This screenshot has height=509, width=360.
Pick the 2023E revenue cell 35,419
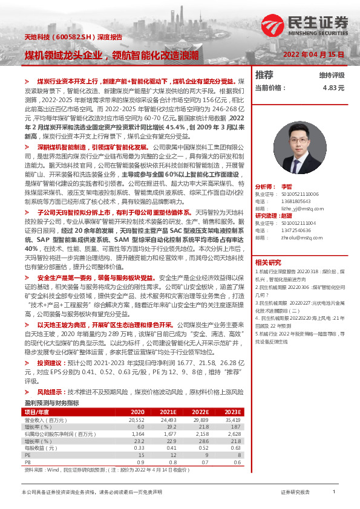(x=232, y=420)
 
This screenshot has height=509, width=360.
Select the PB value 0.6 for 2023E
(x=237, y=461)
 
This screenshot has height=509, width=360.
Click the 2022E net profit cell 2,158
(x=200, y=433)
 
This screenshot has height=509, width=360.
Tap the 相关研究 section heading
(x=268, y=262)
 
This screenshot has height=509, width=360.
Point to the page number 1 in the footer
(x=333, y=493)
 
